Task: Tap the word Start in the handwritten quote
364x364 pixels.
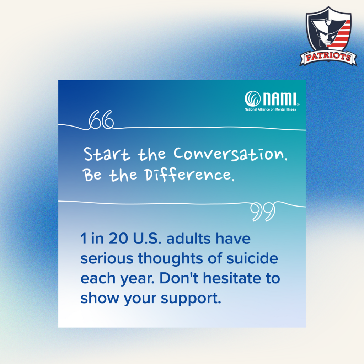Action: pyautogui.click(x=107, y=154)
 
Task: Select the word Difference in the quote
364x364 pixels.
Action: pyautogui.click(x=189, y=175)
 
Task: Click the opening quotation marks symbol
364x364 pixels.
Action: pyautogui.click(x=101, y=119)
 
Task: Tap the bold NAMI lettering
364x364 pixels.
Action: pyautogui.click(x=280, y=99)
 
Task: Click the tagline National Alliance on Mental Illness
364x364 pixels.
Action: pyautogui.click(x=270, y=109)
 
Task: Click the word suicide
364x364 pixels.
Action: pyautogui.click(x=252, y=258)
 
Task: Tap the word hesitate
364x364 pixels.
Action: pyautogui.click(x=232, y=278)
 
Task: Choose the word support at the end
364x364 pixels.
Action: pyautogui.click(x=191, y=299)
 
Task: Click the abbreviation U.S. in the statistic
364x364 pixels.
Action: pyautogui.click(x=147, y=239)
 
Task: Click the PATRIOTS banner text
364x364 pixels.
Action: pyautogui.click(x=328, y=57)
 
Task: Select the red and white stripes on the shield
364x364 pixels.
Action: pyautogui.click(x=340, y=35)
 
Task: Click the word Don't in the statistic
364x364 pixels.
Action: pyautogui.click(x=179, y=278)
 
